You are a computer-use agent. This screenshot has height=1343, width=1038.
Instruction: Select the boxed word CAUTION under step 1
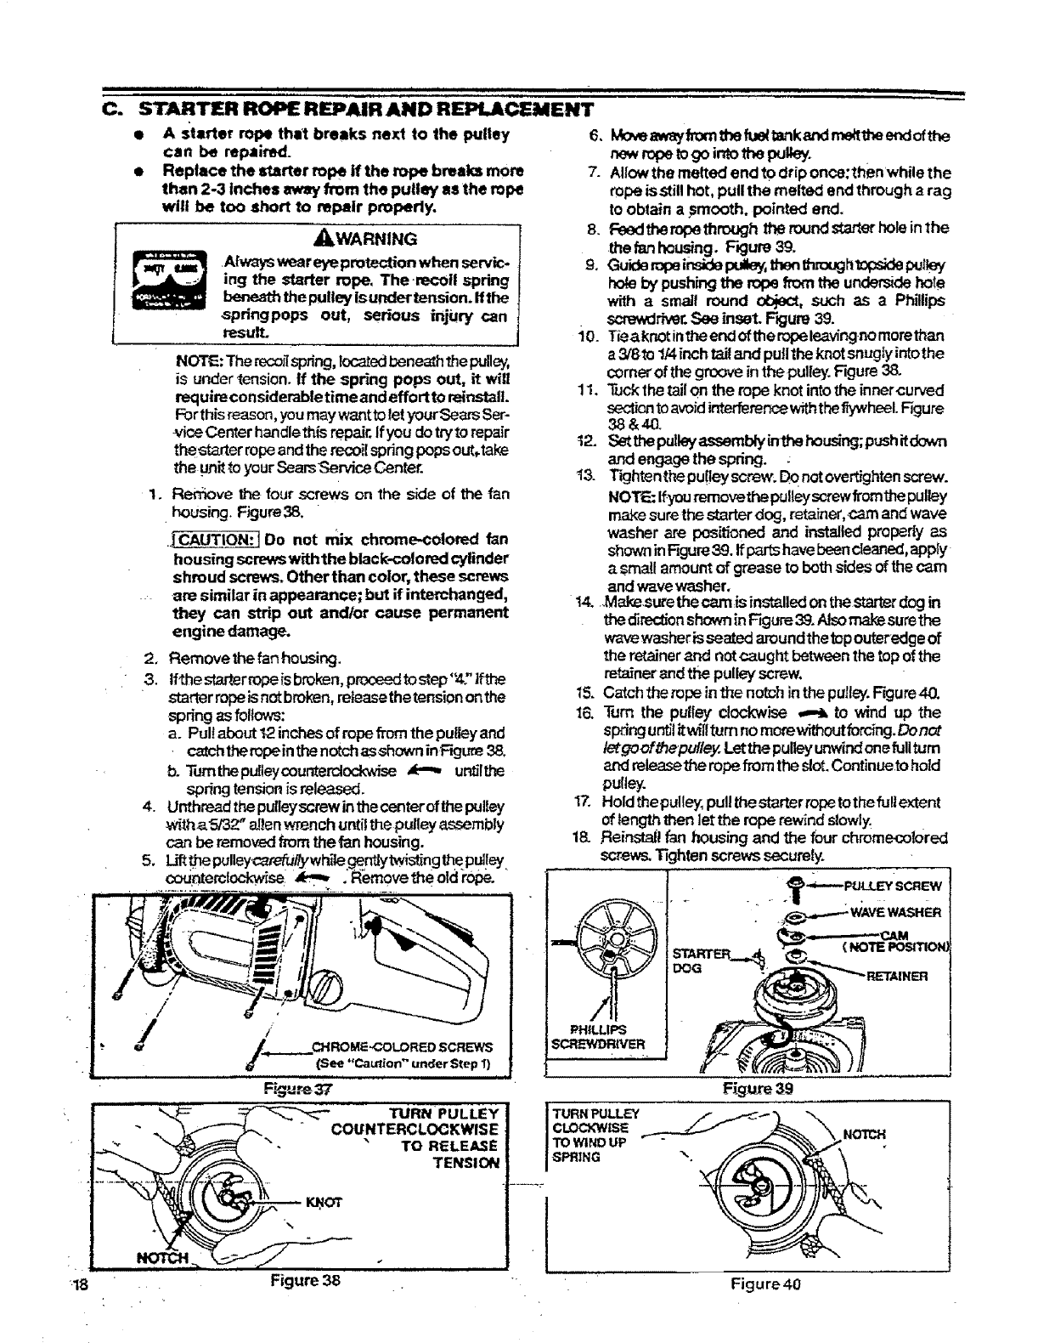213,540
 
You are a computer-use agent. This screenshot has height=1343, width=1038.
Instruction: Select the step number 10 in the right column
584,334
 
